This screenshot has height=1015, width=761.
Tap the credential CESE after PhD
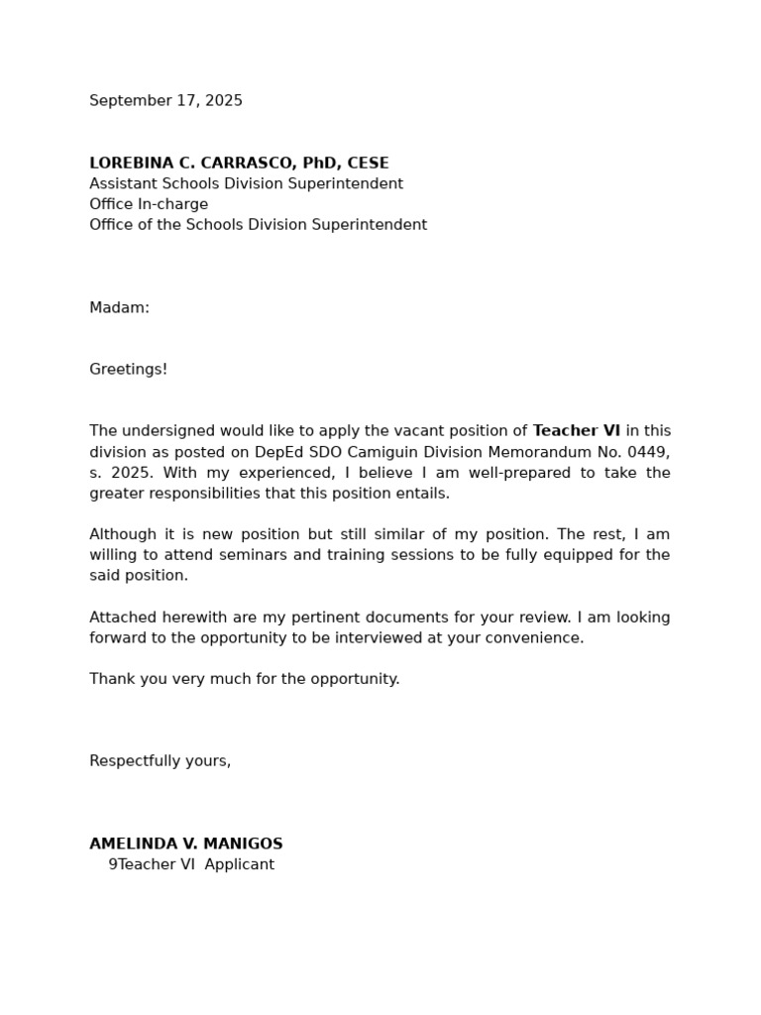tap(368, 164)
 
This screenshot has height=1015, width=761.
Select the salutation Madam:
tap(119, 308)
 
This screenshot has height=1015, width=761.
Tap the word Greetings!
tap(128, 370)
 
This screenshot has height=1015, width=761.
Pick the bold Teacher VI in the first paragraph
tap(576, 431)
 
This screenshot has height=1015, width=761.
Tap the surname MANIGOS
tap(243, 845)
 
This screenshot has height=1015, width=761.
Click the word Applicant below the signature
tap(239, 865)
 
